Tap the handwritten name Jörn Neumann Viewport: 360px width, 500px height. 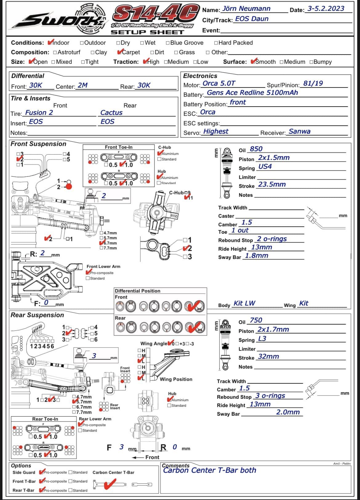[246, 9]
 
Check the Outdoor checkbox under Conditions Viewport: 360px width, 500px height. [82, 43]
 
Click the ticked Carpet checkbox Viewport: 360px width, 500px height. [120, 52]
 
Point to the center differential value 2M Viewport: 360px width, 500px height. [82, 85]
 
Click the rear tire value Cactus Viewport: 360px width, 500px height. [111, 113]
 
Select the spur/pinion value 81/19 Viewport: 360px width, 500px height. [313, 83]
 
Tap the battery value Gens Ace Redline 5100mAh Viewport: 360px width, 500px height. [252, 93]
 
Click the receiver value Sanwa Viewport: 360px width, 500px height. [299, 131]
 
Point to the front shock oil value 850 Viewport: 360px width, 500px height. [256, 149]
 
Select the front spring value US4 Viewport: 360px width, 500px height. [265, 167]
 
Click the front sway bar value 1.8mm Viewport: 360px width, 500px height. [256, 256]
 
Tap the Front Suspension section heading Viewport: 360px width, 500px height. [38, 144]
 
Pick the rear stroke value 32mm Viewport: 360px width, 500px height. [268, 357]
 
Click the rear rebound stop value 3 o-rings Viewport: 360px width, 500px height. [270, 396]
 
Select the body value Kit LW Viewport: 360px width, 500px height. [244, 303]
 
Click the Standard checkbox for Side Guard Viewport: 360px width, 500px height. [70, 472]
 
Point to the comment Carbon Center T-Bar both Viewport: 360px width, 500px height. [210, 470]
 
